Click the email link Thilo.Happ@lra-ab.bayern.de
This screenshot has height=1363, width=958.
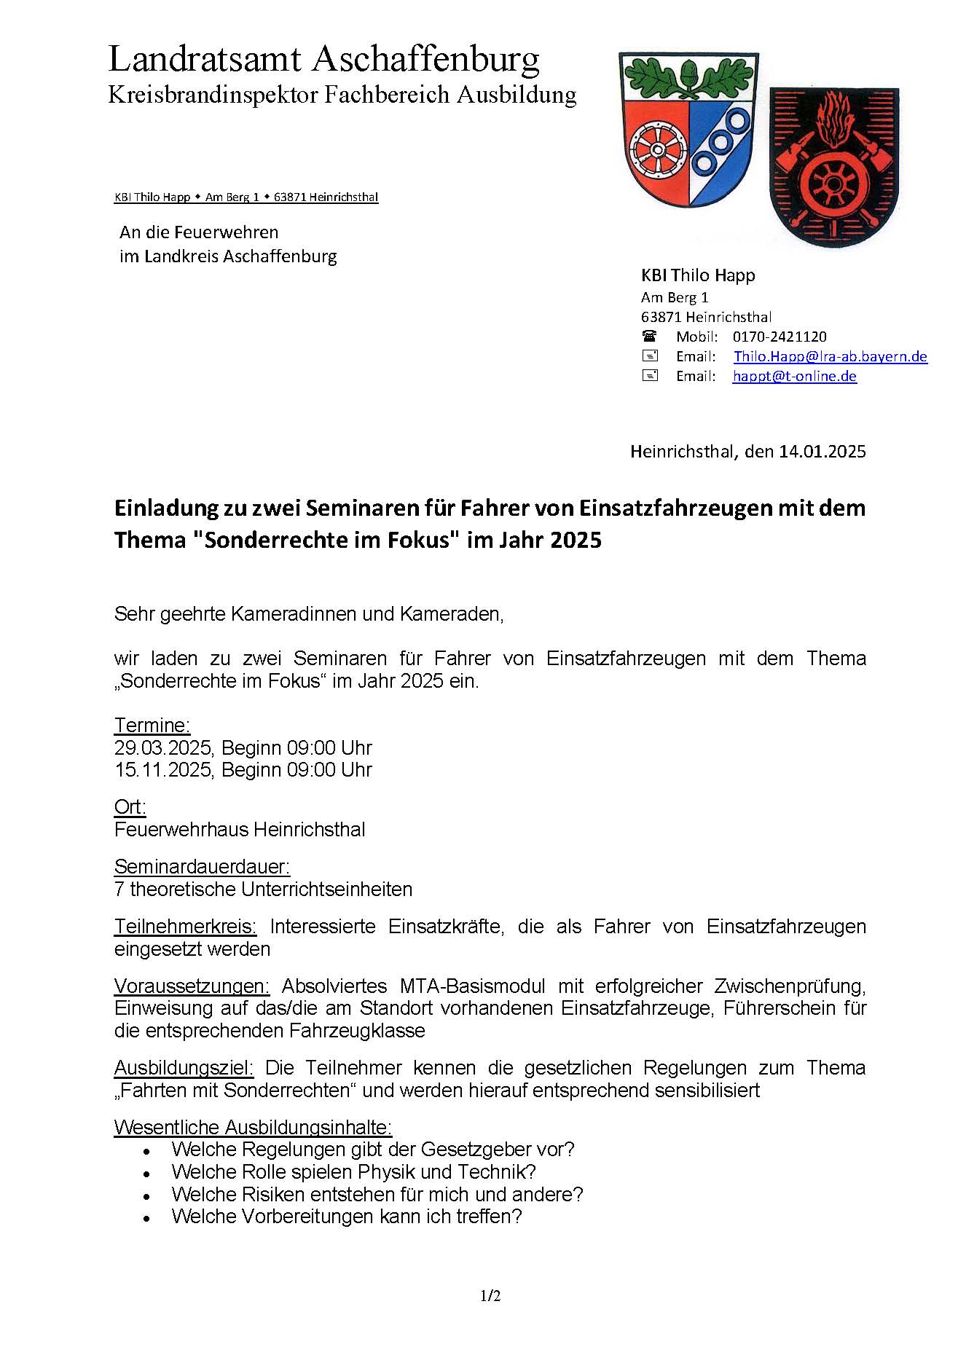coord(830,356)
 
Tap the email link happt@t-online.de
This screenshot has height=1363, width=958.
coord(794,376)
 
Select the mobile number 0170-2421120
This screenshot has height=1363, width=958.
coord(780,337)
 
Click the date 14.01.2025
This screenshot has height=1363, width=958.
coord(822,451)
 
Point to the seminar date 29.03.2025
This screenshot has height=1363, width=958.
coord(162,748)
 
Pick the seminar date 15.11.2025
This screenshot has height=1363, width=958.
coord(162,770)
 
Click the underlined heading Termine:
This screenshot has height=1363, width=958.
coord(152,726)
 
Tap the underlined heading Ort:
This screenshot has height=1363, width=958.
coord(130,807)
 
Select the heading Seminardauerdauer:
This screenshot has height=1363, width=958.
coord(202,867)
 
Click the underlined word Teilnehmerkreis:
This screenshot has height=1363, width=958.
coord(185,927)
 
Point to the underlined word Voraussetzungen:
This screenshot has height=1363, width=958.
coord(192,986)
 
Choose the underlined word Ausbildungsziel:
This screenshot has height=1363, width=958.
coord(184,1068)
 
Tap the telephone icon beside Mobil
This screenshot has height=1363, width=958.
coord(649,337)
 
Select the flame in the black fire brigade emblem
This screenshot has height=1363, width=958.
coord(835,121)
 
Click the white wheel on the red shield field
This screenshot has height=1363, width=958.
coord(656,152)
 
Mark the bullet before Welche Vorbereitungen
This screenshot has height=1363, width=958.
coord(147,1218)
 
